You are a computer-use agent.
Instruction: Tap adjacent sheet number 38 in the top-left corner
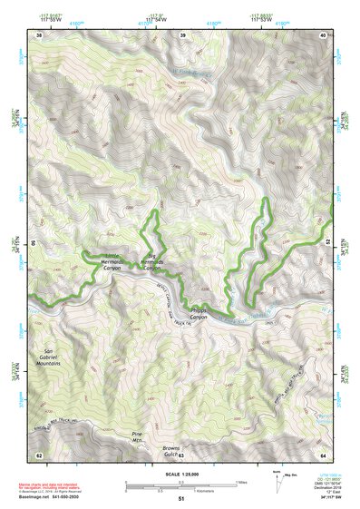tap(38, 34)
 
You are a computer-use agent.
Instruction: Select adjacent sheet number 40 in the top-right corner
tap(324, 34)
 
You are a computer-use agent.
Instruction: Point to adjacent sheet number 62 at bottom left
tap(38, 454)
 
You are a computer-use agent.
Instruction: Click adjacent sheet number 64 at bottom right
tap(324, 454)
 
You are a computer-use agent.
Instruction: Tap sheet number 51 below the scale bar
tap(181, 499)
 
